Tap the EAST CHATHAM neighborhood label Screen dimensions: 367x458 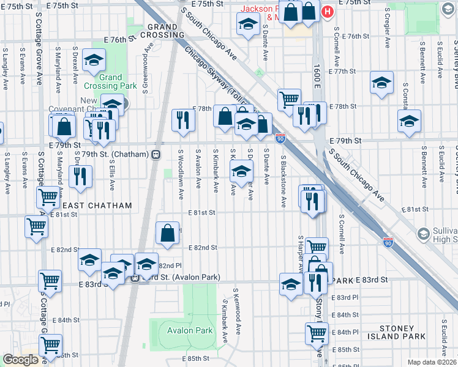pyautogui.click(x=97, y=206)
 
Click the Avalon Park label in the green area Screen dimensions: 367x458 pyautogui.click(x=189, y=330)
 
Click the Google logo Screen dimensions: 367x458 pyautogui.click(x=20, y=360)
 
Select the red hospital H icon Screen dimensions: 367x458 pyautogui.click(x=328, y=11)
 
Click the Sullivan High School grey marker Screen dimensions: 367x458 pyautogui.click(x=422, y=234)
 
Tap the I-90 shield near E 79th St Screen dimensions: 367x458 pyautogui.click(x=280, y=139)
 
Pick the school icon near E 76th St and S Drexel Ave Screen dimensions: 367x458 pyautogui.click(x=94, y=60)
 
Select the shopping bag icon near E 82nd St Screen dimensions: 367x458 pyautogui.click(x=168, y=232)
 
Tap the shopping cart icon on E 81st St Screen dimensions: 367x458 pyautogui.click(x=37, y=226)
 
